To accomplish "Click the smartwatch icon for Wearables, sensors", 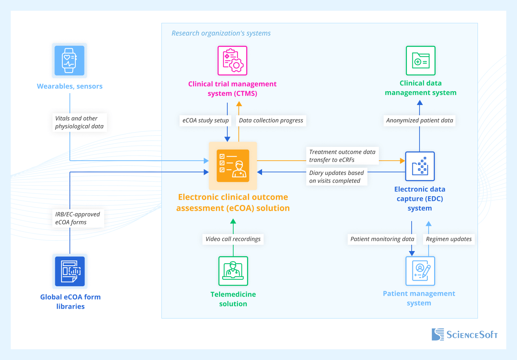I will tap(69, 60).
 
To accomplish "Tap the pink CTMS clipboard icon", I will tap(232, 60).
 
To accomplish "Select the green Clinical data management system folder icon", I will tap(420, 60).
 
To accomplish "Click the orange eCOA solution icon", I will tap(233, 166).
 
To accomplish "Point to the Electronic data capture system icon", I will tap(420, 166).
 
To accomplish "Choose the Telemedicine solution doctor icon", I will tap(233, 271).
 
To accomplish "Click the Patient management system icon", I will tap(420, 271).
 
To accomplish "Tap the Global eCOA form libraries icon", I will tap(70, 271).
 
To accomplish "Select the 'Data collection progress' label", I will tap(271, 120).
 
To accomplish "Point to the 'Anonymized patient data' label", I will tap(420, 120).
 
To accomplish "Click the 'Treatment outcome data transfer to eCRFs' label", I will tap(342, 156).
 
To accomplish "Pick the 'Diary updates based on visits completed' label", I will tap(337, 177).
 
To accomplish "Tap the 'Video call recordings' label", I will tap(233, 239).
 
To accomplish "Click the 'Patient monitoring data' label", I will tap(382, 239).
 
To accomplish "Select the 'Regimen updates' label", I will tap(449, 239).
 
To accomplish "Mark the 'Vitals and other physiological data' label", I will tap(79, 122).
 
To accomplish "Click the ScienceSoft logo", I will tap(465, 335).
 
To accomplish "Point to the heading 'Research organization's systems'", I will tap(221, 33).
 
